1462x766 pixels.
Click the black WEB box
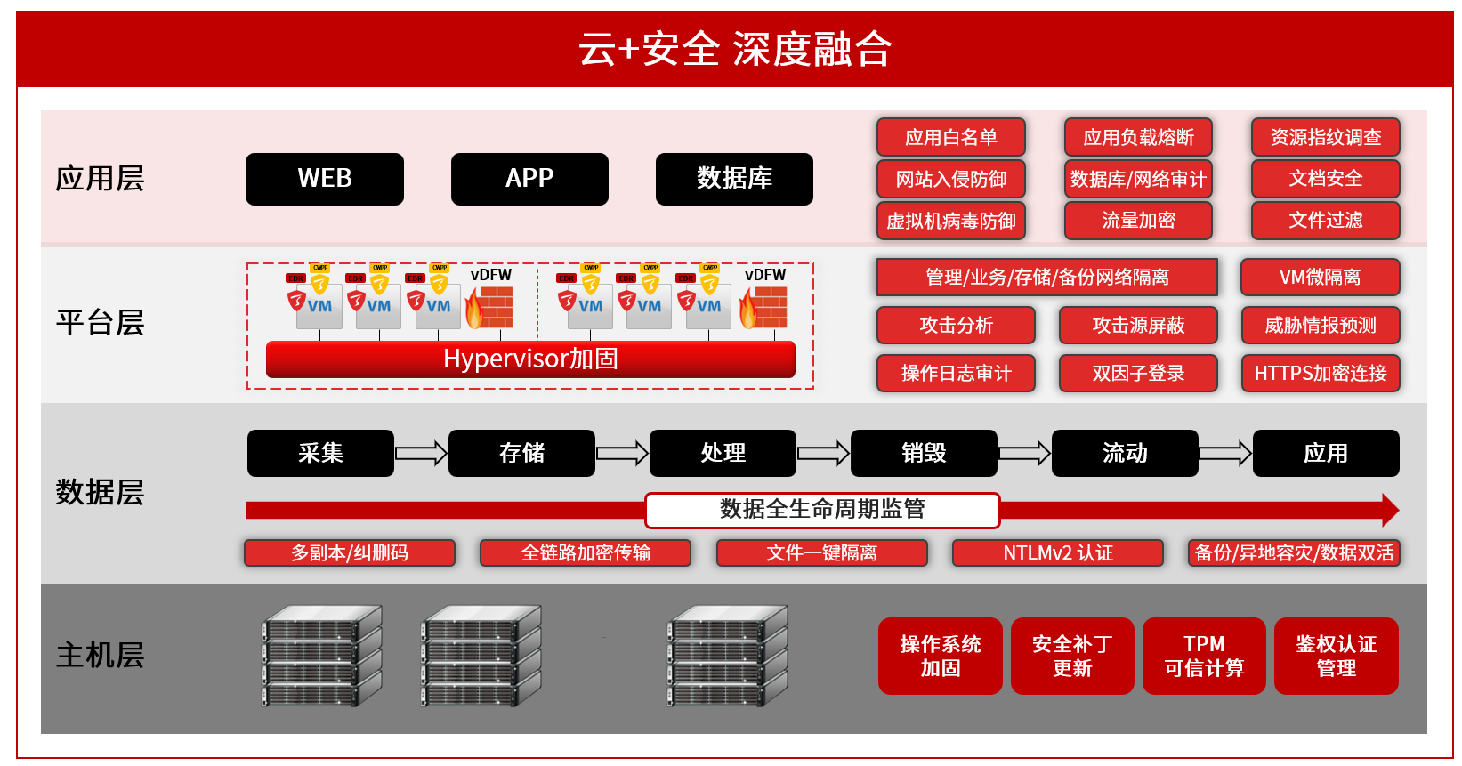tap(324, 179)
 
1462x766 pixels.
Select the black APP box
tap(529, 179)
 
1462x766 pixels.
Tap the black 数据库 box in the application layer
tap(734, 179)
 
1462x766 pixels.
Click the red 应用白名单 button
tap(950, 137)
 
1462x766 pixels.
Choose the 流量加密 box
tap(1138, 221)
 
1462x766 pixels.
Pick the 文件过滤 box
tap(1325, 221)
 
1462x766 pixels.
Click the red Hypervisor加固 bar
tap(530, 359)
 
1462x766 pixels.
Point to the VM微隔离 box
tap(1320, 277)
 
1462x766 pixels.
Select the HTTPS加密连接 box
tap(1320, 373)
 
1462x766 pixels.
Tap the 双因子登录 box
tap(1138, 373)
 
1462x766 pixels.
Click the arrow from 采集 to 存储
tap(421, 454)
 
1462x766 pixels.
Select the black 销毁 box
tap(924, 454)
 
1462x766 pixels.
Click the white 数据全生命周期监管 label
tap(822, 510)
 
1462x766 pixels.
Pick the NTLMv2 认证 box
tap(1058, 553)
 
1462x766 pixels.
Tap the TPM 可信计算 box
tap(1204, 656)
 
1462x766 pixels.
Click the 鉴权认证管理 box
tap(1336, 656)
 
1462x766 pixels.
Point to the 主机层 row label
tap(100, 656)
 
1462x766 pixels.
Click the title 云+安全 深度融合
tap(735, 49)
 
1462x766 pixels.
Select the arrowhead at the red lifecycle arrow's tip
tap(1390, 511)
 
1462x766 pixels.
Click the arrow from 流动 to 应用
tap(1225, 454)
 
